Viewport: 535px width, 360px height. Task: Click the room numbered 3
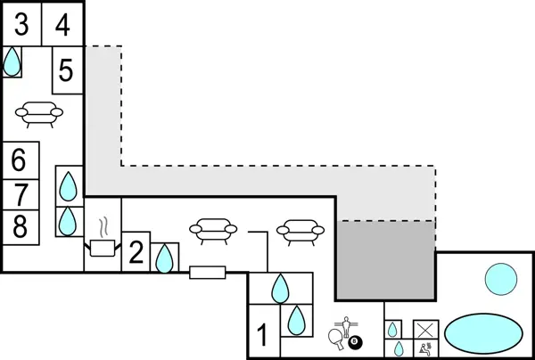point(21,25)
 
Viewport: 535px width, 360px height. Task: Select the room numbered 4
point(62,25)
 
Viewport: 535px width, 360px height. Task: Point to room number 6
point(20,161)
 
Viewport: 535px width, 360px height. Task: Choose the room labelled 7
point(20,194)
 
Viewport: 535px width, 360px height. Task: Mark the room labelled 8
point(20,226)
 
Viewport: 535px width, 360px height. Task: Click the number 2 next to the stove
point(135,252)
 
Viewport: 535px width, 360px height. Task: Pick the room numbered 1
point(263,336)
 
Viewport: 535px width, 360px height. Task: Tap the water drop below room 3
point(12,61)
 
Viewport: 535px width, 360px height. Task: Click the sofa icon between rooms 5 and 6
point(39,113)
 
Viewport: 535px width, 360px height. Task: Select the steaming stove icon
point(103,240)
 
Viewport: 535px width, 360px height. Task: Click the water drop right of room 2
point(163,258)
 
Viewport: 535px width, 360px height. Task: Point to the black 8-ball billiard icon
point(356,341)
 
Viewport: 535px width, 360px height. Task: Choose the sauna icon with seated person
point(426,348)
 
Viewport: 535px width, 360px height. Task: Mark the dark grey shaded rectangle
point(384,260)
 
